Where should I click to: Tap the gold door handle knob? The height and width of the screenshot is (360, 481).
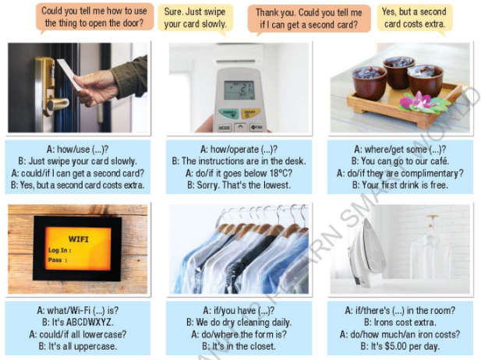click(x=58, y=104)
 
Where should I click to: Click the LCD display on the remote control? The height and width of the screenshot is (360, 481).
click(x=239, y=90)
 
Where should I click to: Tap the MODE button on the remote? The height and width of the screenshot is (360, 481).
click(x=225, y=128)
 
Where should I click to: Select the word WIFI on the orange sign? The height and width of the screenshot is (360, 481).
click(x=78, y=239)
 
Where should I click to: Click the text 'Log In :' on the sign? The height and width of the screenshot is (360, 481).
click(x=59, y=250)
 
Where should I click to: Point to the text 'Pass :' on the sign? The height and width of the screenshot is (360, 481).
click(x=58, y=260)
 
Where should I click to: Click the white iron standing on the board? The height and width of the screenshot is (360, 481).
click(x=367, y=252)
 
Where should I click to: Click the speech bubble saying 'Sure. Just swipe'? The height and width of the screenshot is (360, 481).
click(x=195, y=18)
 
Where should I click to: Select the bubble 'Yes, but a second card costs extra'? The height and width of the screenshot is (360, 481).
click(x=415, y=18)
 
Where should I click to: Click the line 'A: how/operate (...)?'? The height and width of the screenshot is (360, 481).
click(x=239, y=150)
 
